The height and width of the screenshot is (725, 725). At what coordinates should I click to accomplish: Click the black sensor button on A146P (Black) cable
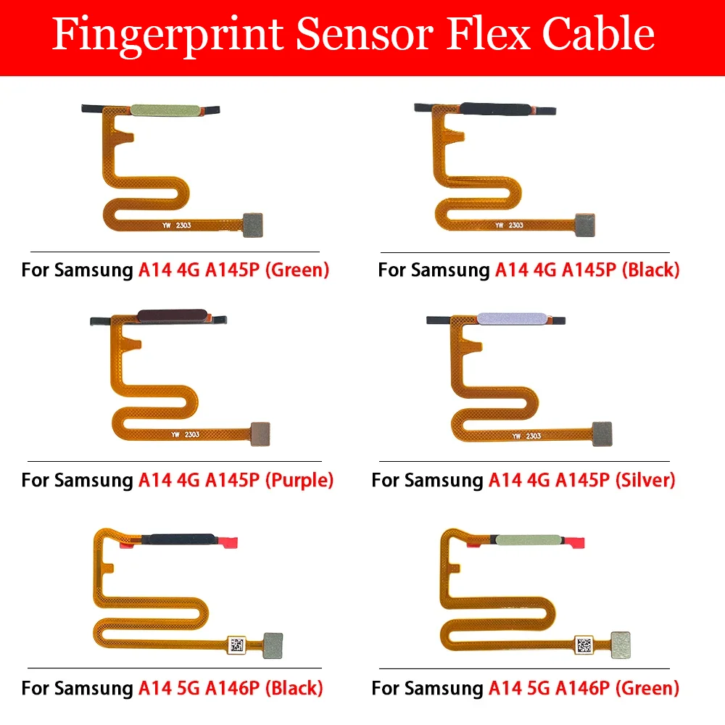179,539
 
